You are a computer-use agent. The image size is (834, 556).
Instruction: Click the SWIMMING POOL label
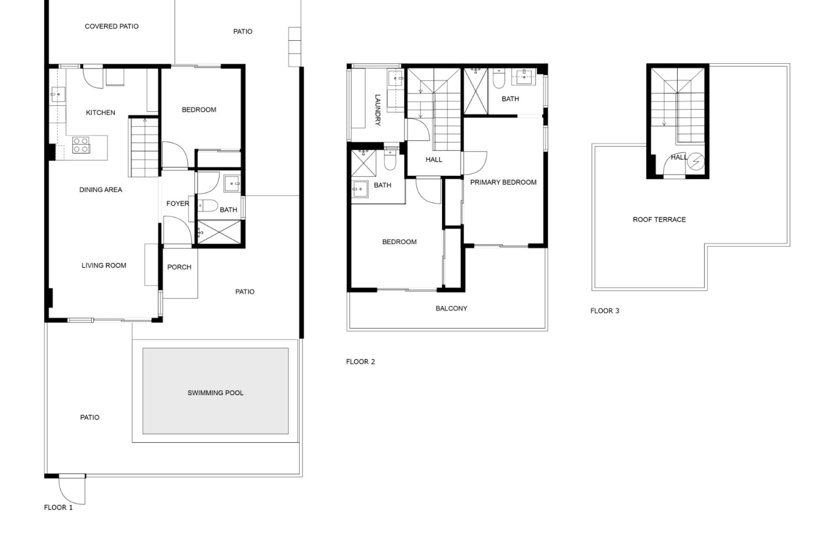(215, 393)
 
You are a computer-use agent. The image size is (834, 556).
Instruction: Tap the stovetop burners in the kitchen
(81, 145)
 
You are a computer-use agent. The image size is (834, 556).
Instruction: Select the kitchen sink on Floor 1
(58, 94)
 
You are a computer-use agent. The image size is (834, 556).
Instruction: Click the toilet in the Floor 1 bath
(207, 205)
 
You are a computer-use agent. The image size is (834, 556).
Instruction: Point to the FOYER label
(178, 203)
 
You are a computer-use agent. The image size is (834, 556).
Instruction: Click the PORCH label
(179, 267)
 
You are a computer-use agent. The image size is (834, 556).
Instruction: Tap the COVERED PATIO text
(112, 26)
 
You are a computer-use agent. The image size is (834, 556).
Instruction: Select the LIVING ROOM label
(104, 265)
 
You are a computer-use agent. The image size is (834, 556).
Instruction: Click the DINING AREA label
(101, 190)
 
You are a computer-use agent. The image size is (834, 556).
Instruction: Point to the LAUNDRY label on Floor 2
(377, 110)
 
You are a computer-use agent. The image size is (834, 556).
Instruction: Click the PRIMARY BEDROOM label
(503, 182)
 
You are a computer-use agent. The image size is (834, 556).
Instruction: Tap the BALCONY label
(451, 308)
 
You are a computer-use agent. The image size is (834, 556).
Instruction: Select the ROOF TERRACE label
(659, 220)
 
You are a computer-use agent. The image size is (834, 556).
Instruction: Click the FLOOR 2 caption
(361, 362)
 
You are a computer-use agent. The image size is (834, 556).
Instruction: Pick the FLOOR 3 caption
(605, 311)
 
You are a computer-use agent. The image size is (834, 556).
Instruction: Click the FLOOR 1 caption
(58, 507)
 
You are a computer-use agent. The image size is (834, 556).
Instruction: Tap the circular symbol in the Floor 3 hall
(696, 161)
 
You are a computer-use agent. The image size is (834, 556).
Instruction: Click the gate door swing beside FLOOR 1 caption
(72, 490)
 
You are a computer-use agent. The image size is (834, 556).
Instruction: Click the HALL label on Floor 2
(434, 160)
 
